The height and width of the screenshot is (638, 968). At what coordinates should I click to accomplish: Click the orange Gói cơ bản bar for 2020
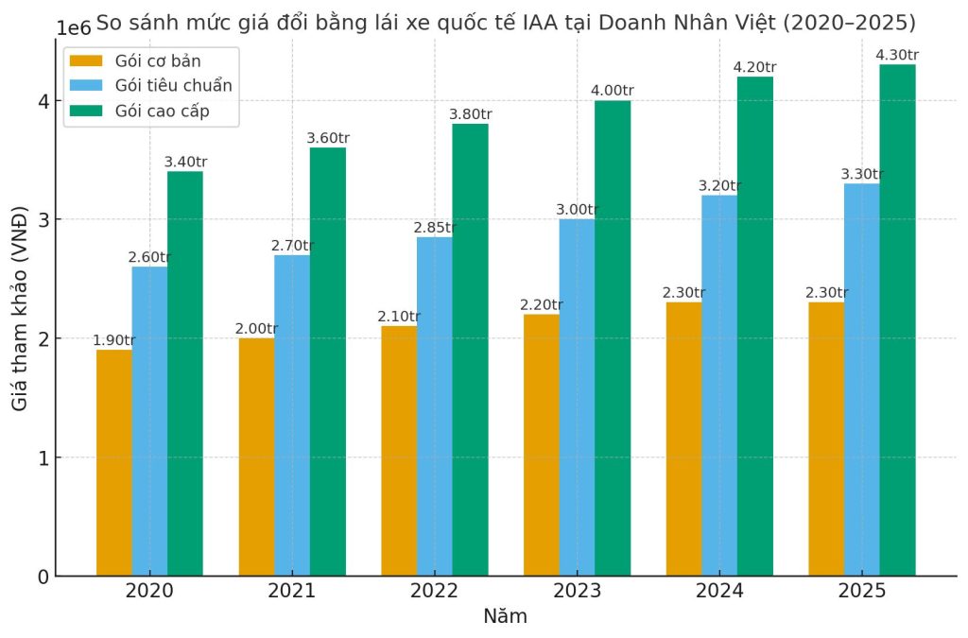click(113, 463)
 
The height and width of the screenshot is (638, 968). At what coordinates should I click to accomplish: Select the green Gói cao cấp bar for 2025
click(897, 320)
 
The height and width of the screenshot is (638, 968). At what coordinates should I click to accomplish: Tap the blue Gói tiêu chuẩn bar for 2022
click(434, 406)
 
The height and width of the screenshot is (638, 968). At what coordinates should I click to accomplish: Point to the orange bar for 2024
click(683, 439)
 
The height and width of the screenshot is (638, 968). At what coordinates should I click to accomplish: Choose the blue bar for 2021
click(292, 416)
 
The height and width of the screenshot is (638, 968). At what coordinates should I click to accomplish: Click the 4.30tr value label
click(897, 55)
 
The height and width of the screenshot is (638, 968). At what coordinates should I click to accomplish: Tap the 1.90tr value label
click(113, 340)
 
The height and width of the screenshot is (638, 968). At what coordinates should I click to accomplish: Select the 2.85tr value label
click(434, 228)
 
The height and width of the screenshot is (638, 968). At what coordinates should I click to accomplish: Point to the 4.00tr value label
click(613, 91)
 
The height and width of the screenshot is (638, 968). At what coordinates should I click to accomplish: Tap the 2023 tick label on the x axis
click(577, 592)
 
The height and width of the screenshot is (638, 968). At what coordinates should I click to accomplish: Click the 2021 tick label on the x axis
click(292, 592)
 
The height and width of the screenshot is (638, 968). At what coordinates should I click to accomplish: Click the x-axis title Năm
click(505, 617)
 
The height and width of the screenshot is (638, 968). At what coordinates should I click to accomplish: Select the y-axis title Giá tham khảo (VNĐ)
click(20, 308)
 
